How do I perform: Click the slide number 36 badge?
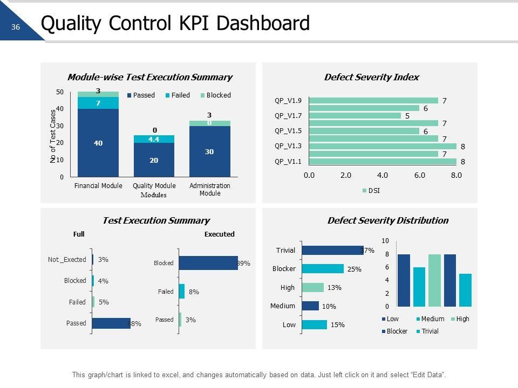coord(15,27)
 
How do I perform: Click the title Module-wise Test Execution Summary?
coord(149,77)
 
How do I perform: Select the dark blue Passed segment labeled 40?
coord(98,143)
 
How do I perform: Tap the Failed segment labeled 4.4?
coord(154,139)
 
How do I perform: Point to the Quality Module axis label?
coord(154,186)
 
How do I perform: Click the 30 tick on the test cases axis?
coord(59,126)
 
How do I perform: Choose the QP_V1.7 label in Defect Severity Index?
coord(288,115)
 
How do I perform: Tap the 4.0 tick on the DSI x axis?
coord(383,175)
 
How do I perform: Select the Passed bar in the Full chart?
coord(111,323)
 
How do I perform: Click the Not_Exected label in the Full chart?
coord(67,260)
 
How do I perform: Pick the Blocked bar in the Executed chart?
coord(208,263)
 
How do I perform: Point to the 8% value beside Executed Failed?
coord(194,292)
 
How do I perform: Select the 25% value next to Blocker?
coord(354,269)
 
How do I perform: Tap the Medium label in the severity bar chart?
coord(283,306)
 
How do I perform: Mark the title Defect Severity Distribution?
coord(387,220)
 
